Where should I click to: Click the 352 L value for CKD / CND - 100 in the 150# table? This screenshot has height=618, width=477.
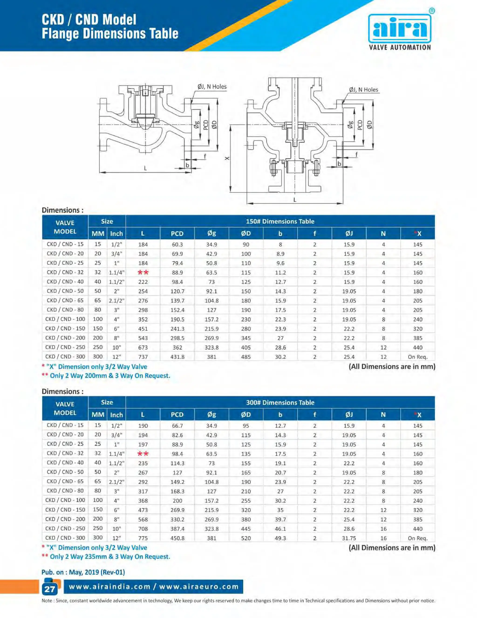tap(143, 319)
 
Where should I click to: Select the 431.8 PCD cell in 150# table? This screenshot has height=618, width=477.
tap(177, 357)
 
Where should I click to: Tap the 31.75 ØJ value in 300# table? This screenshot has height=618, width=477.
tap(349, 538)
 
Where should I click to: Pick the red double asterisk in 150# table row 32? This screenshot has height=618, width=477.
tap(143, 272)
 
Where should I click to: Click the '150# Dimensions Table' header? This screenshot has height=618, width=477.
tap(280, 221)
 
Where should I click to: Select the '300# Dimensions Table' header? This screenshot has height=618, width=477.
tap(280, 402)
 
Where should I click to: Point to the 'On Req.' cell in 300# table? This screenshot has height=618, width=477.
tap(417, 538)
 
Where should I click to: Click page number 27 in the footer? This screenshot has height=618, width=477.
tap(50, 589)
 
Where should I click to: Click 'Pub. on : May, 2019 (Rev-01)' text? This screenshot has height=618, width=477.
tap(83, 572)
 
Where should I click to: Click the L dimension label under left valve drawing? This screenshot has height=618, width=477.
tap(145, 168)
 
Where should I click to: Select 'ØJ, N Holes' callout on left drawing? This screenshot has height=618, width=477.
tap(212, 87)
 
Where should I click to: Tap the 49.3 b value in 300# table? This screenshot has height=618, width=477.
tap(280, 538)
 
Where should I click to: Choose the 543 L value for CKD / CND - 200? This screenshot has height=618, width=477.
tap(143, 338)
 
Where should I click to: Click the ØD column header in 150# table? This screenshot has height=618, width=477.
tap(246, 233)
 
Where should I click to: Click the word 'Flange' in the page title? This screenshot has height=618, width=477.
tap(61, 34)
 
